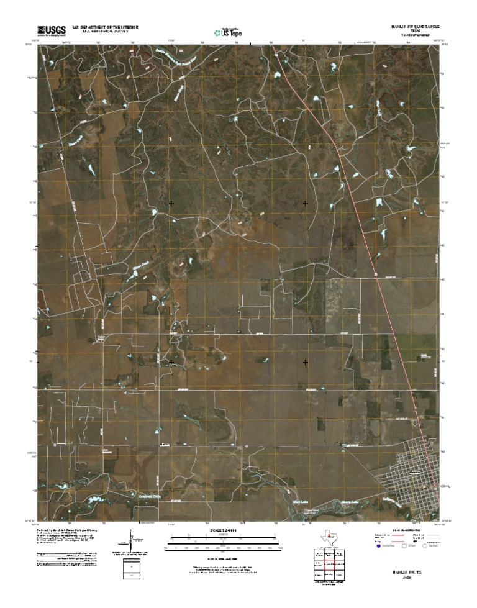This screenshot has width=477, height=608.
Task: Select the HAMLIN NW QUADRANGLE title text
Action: pos(416,27)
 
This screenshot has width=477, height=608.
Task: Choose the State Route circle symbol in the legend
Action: pos(427,547)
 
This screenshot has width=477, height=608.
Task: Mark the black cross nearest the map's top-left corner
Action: pos(171,203)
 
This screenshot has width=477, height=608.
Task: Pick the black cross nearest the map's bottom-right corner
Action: pos(305,361)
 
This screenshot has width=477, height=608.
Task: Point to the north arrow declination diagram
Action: pos(130,540)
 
